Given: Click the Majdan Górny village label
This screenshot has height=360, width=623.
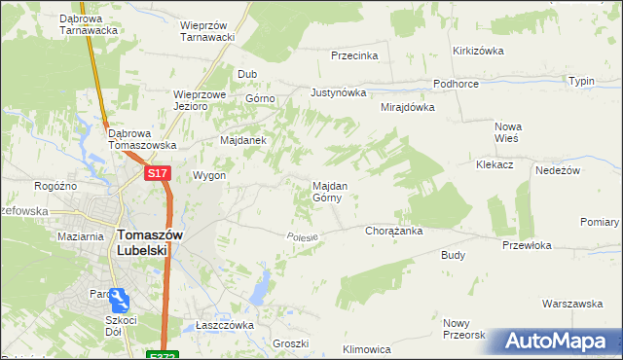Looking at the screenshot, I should tap(326, 191).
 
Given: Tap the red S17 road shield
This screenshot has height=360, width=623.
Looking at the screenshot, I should tap(159, 173).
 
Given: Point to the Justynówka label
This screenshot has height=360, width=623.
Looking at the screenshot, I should tap(338, 93).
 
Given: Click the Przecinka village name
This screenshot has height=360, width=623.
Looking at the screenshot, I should tap(353, 55).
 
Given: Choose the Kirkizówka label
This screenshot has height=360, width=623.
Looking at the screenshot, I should tap(476, 51).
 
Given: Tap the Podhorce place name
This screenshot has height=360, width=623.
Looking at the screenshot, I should tap(456, 85).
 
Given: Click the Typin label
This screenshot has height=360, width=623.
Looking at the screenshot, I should tap(581, 81).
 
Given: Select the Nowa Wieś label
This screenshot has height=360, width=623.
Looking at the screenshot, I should tap(508, 132).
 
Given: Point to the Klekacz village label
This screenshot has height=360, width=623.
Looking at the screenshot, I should tap(495, 165).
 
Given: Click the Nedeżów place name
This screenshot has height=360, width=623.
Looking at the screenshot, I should tap(558, 170).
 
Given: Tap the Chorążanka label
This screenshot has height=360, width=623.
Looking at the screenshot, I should tap(393, 232).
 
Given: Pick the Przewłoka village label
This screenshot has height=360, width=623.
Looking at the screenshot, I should tap(527, 246).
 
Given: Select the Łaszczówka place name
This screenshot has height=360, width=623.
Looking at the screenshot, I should tap(225, 325).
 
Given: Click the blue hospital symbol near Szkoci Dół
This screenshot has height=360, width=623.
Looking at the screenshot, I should tap(119, 299).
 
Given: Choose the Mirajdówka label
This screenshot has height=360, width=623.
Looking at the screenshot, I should tap(407, 107).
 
